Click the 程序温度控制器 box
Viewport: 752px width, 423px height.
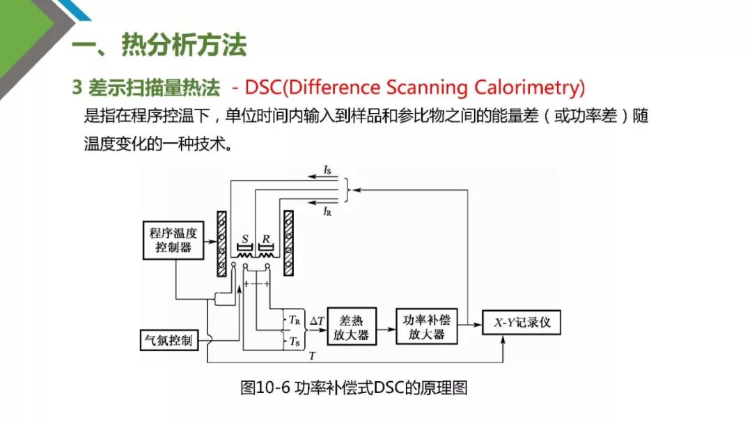pos(174,238)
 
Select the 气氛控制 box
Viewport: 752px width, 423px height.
pos(169,341)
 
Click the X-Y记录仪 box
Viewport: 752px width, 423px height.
pos(521,323)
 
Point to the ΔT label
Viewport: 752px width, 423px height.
pos(316,320)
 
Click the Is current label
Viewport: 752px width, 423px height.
pos(328,169)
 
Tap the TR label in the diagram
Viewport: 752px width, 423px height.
pos(294,320)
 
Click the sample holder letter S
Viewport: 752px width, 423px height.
pos(244,238)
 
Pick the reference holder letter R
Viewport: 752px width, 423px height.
pos(265,238)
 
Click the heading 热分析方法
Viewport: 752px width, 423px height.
pos(184,45)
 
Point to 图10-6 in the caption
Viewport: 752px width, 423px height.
pos(265,388)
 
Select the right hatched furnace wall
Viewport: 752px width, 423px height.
pos(288,244)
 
